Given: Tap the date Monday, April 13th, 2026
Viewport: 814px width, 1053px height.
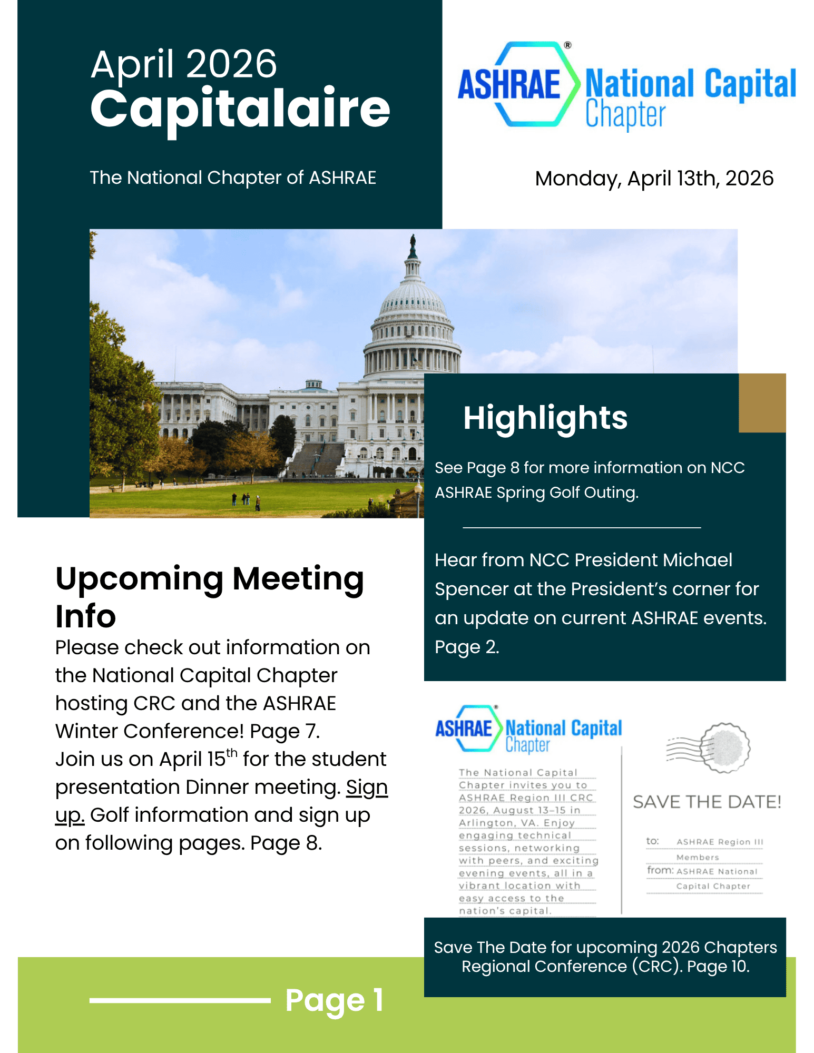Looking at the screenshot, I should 654,179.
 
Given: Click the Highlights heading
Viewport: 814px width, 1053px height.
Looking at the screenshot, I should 545,418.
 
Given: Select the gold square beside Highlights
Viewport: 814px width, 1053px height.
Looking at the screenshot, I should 762,403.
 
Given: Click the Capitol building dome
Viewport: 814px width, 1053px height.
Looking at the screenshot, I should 413,306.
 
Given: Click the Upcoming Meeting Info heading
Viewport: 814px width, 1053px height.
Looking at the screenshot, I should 209,597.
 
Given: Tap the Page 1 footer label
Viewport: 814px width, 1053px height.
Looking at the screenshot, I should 334,1000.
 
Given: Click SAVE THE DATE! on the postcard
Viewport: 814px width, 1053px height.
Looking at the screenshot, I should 707,802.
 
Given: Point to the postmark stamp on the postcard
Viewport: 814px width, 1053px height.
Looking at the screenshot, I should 724,747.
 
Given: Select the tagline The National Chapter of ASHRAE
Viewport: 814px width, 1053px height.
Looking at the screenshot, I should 233,178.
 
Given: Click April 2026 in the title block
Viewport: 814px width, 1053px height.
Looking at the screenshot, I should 183,64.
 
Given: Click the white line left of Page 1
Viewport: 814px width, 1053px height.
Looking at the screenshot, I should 180,1000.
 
